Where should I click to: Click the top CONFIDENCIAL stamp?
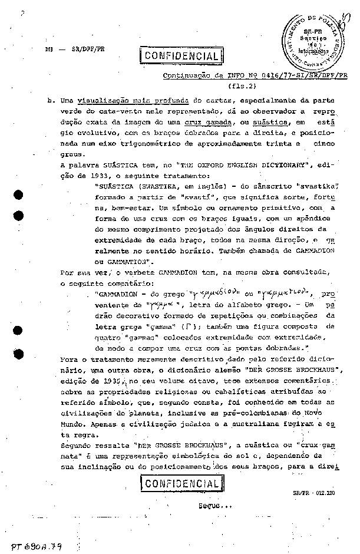(181, 57)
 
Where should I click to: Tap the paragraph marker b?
(51, 101)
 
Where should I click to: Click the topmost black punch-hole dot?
(19, 196)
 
